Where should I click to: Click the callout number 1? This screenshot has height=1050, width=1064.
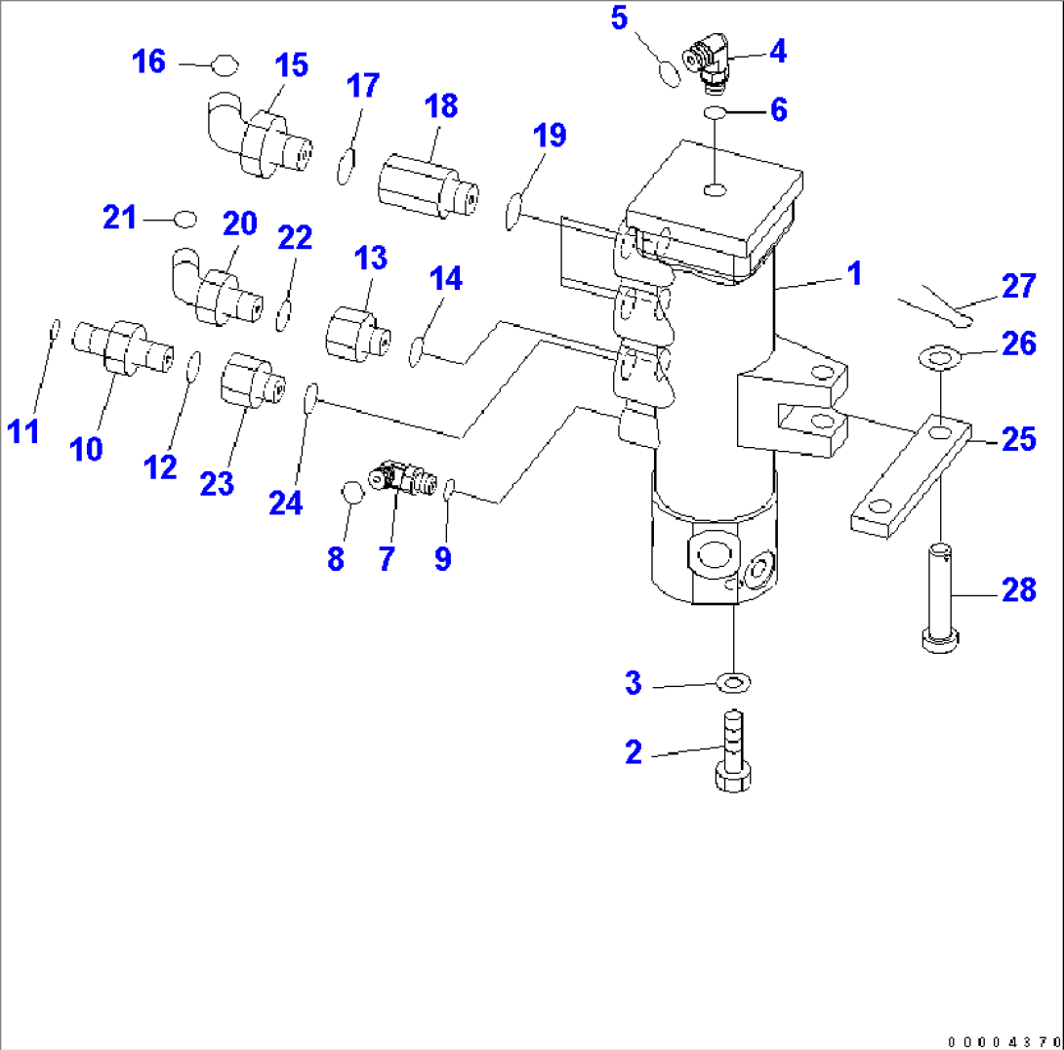(854, 274)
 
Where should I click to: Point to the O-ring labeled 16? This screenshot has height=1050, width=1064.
(225, 66)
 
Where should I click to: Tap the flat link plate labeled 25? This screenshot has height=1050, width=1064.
(910, 475)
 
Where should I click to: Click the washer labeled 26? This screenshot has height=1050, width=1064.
(940, 358)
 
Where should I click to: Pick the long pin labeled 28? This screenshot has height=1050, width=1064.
(941, 596)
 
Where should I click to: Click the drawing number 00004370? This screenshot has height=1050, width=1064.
(1000, 1039)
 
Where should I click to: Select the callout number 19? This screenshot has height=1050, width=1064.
(551, 135)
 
